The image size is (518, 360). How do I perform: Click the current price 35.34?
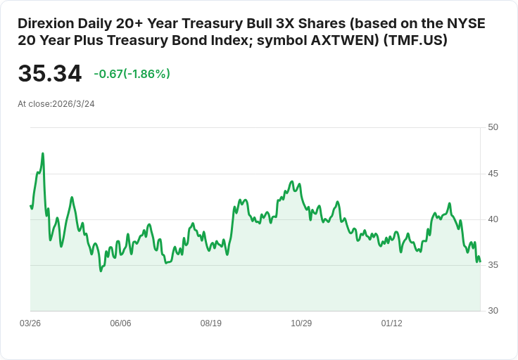pos(49,74)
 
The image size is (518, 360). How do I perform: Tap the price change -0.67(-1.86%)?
pos(132,74)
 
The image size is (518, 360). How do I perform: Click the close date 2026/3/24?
pos(73,103)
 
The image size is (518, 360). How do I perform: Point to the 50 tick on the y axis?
pos(493,127)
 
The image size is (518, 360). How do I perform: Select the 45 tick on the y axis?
pos(493,173)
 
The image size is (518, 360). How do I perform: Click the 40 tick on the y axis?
pos(493,219)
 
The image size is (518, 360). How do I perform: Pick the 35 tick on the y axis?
pos(493,265)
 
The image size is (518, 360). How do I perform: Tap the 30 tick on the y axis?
pos(493,311)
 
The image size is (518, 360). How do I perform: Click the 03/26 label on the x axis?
pos(30,323)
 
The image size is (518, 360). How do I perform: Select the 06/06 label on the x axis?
pos(120,323)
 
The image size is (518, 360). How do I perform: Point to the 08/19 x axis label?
pos(211,323)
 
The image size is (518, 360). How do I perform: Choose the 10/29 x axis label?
pos(301,323)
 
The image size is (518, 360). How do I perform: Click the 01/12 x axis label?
pos(391,323)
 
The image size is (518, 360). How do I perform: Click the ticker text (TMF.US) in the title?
pos(417,41)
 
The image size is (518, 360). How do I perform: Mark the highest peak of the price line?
pos(43,153)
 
